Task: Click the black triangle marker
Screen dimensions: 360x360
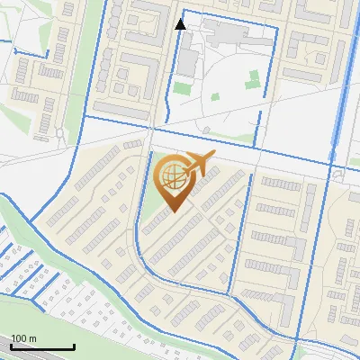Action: [180, 24]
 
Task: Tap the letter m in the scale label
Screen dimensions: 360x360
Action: [33, 337]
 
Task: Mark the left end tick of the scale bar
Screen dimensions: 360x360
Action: [10, 346]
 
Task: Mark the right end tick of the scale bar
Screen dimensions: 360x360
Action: [74, 346]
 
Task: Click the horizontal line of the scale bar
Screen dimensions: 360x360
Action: [41, 347]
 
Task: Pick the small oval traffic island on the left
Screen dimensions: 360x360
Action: [59, 134]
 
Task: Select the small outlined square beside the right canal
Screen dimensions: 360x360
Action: [339, 175]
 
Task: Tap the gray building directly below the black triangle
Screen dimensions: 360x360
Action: [187, 61]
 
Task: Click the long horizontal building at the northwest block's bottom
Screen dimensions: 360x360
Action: [121, 110]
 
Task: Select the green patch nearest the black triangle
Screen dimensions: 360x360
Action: [183, 88]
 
